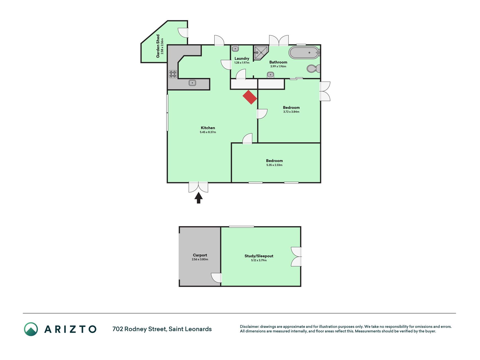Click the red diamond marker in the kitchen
coord(250,97)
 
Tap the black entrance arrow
coord(199,198)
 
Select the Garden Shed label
coord(158,46)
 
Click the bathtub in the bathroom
coord(304,53)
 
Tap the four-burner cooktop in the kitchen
coord(173,74)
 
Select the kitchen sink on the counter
coord(192,83)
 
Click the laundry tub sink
coord(235,49)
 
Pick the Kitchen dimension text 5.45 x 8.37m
coord(208,132)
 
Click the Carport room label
coord(200,255)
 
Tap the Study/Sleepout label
coord(259,256)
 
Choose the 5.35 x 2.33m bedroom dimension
coord(274,165)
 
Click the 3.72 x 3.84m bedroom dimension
coord(291,112)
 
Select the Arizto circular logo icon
coord(31,329)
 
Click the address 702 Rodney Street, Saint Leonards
coord(162,329)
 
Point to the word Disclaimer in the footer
coord(249,327)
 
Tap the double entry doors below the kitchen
coord(198,187)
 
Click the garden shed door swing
coord(183,33)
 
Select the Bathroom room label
coord(278,62)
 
